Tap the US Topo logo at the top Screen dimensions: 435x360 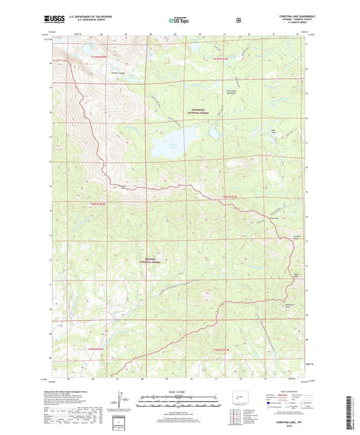pyautogui.click(x=179, y=21)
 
